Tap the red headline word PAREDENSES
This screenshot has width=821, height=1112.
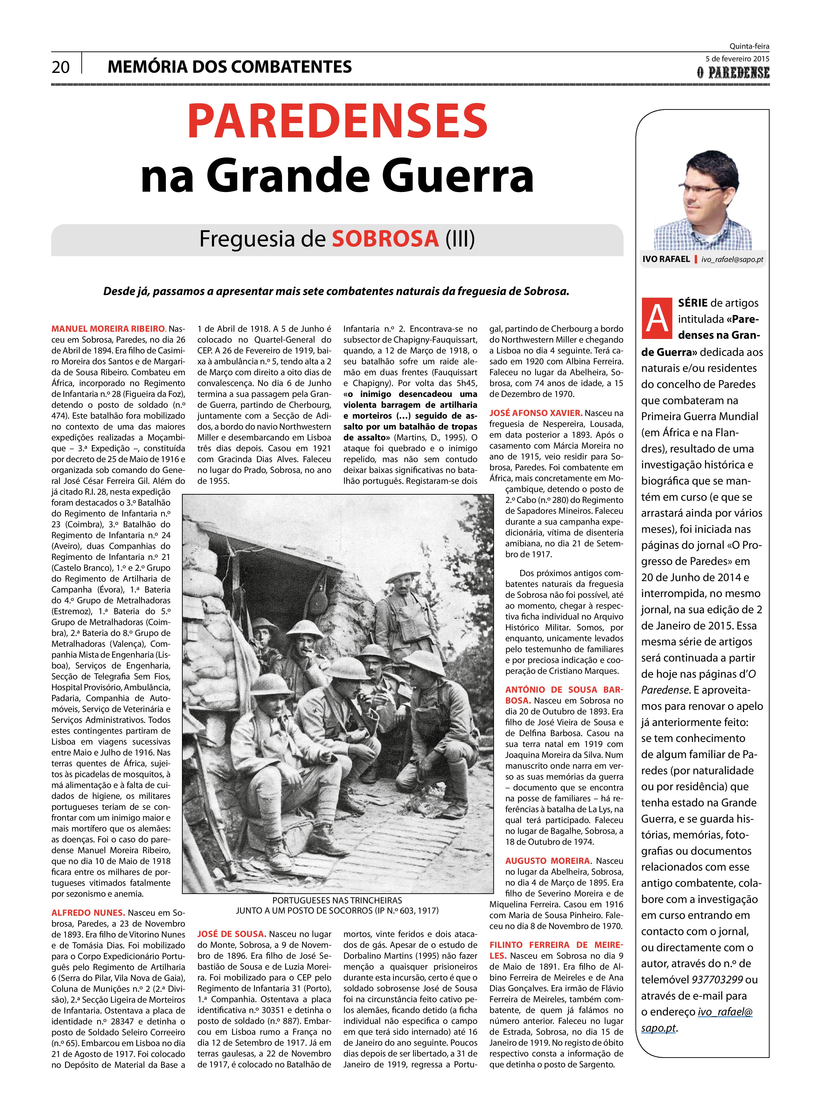pyautogui.click(x=337, y=121)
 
